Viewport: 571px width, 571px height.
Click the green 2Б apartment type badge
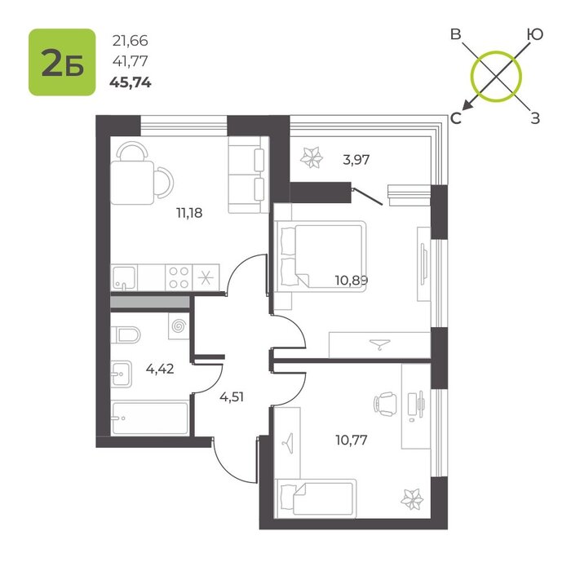pos(62,62)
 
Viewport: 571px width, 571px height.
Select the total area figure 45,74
pos(131,83)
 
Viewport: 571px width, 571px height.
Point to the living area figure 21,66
pos(131,41)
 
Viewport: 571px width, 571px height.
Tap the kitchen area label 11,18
pos(189,213)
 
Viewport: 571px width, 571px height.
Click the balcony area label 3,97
pos(356,160)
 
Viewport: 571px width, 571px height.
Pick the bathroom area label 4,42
pos(160,370)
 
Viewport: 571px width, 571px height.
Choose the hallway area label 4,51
pos(232,396)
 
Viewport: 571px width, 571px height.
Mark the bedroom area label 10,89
pos(352,281)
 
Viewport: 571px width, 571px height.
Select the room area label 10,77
pos(352,440)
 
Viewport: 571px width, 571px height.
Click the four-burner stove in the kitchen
pos(179,277)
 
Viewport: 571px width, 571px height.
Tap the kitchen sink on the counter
pos(124,277)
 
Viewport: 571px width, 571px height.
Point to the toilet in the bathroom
pos(126,335)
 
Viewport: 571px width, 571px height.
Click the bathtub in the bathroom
pos(150,418)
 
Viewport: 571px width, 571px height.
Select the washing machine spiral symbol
pos(179,326)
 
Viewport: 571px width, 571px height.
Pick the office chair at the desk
pos(384,404)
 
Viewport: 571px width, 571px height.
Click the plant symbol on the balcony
pos(312,157)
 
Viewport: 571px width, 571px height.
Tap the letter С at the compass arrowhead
pos(456,118)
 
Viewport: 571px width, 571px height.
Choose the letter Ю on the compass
pos(535,34)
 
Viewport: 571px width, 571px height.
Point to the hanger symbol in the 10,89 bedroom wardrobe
pos(379,344)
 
